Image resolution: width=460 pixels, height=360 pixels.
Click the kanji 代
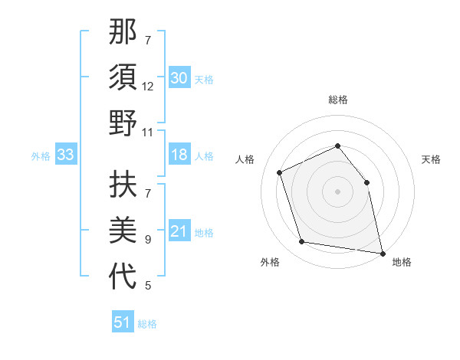click(x=123, y=277)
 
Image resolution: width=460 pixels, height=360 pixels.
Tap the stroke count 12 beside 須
click(x=148, y=87)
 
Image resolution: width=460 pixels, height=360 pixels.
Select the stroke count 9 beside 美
click(x=148, y=240)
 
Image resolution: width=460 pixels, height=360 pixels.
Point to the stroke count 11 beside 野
click(x=148, y=133)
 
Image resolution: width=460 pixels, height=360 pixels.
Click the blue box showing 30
click(x=179, y=78)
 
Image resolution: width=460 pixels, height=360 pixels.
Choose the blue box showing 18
click(x=179, y=155)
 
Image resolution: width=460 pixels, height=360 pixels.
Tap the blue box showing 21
click(x=179, y=232)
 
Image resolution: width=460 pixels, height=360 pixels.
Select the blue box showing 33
click(x=65, y=155)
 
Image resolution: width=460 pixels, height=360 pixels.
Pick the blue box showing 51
click(x=122, y=322)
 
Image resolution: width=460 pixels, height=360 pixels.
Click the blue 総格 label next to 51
click(x=147, y=324)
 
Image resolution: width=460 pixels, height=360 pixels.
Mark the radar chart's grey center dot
click(x=337, y=191)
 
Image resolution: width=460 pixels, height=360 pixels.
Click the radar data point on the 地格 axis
click(x=382, y=252)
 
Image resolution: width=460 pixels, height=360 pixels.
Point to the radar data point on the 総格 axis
click(x=337, y=146)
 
